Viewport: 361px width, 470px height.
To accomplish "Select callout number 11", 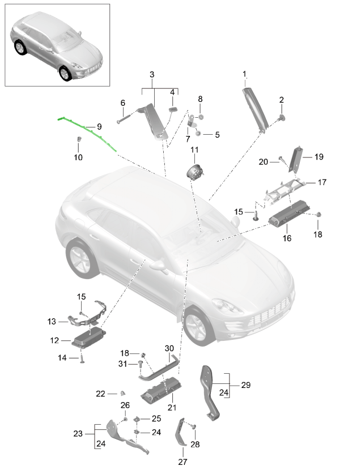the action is [194, 150].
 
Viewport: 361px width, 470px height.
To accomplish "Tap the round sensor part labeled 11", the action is [195, 172].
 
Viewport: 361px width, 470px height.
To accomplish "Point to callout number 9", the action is [99, 127].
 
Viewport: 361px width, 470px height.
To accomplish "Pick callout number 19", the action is [318, 157].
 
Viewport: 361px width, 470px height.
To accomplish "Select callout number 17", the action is [322, 182].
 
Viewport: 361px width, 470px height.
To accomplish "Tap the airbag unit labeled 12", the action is [89, 337].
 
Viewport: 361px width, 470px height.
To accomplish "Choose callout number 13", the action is [52, 322].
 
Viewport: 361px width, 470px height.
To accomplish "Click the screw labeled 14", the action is [82, 357].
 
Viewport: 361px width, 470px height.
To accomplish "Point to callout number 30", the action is [169, 348].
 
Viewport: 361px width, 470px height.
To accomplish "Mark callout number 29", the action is [246, 385].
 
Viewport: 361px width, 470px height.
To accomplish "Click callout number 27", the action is [182, 462].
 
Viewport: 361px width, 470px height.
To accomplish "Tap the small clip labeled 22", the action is [123, 393].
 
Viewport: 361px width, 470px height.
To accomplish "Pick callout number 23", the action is [78, 434].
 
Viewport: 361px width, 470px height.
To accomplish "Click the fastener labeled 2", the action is [281, 118].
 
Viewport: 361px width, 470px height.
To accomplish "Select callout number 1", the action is [244, 74].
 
